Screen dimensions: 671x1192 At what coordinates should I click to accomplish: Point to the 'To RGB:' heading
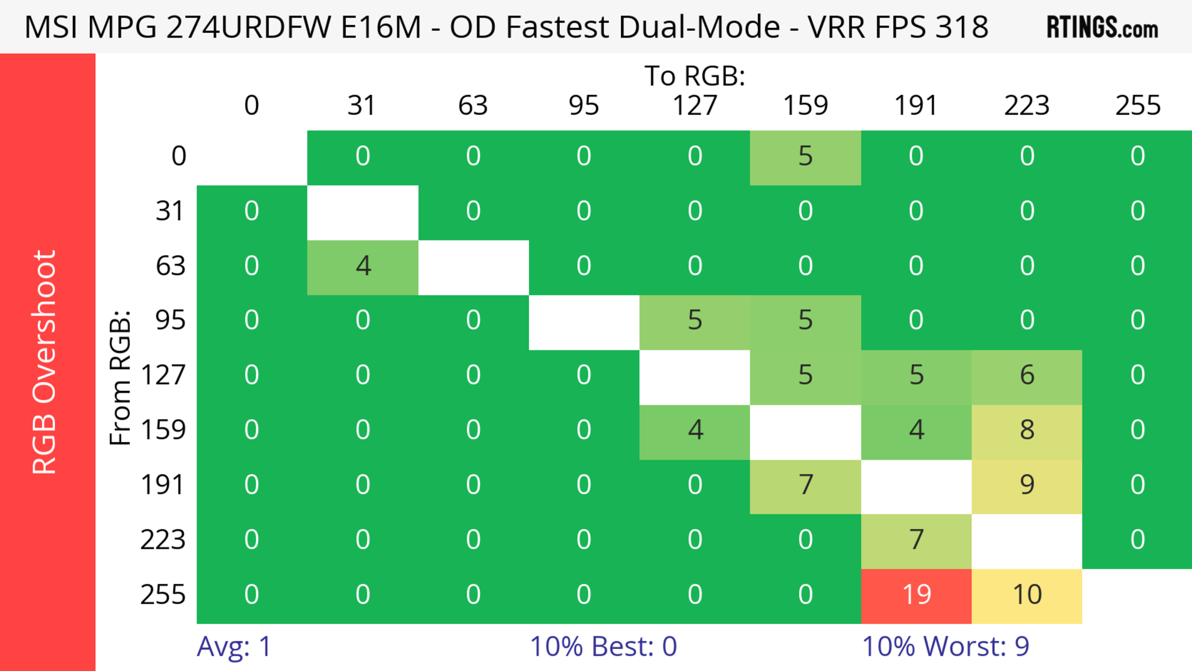coord(695,76)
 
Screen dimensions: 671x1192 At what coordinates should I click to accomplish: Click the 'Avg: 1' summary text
coord(234,646)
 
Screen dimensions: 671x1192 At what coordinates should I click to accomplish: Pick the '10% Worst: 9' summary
coord(945,646)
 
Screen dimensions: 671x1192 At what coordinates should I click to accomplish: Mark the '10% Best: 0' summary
coord(603,646)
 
